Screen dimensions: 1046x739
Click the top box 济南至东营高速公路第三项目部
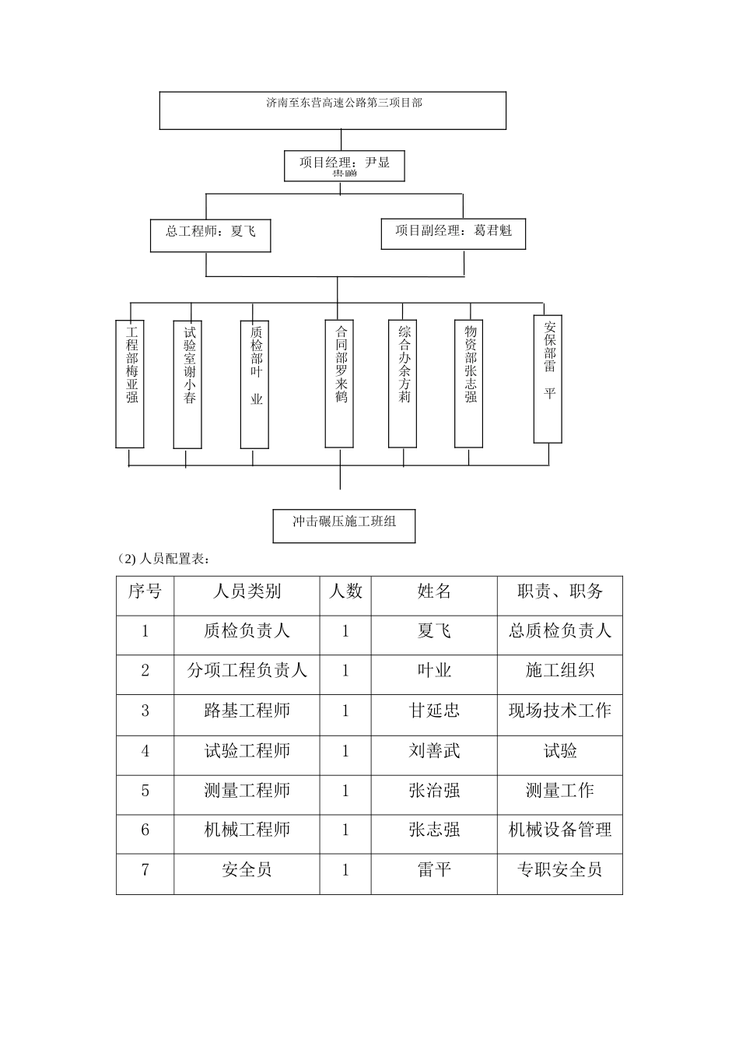[x=333, y=111]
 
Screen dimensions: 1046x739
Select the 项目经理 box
[x=345, y=165]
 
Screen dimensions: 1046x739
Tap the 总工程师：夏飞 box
[x=210, y=234]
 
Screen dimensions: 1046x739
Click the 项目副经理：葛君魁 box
[x=453, y=233]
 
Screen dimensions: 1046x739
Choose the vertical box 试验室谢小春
[x=187, y=384]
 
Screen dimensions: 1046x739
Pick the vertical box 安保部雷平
[x=548, y=378]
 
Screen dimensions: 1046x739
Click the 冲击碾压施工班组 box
[x=344, y=525]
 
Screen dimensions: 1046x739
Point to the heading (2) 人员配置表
[x=163, y=559]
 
